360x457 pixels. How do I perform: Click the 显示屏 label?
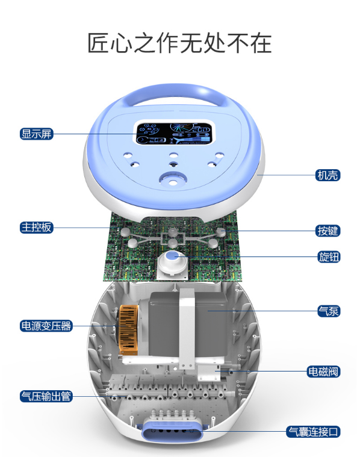coord(37,134)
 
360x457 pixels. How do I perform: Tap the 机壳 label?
coord(327,175)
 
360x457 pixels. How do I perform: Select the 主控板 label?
coord(37,228)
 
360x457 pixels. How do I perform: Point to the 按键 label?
coord(327,231)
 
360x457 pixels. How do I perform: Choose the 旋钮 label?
coord(329,256)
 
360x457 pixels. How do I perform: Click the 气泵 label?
coord(329,311)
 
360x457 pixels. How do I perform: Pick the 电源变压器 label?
coord(46,326)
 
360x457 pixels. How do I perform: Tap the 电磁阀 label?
coord(323,372)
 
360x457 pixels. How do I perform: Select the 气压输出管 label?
coord(46,396)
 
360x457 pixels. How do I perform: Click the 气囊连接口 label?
coord(313,432)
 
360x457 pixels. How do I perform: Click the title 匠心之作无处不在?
coord(179,43)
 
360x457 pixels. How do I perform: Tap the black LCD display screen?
coord(174,134)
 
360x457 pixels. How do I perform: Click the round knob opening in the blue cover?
coord(173,179)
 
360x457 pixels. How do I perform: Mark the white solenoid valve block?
coord(209,374)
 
